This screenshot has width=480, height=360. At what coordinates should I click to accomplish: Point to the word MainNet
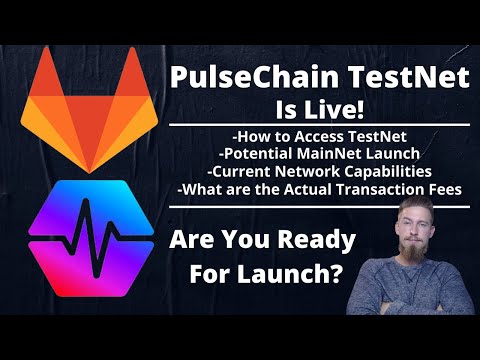tap(333, 152)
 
